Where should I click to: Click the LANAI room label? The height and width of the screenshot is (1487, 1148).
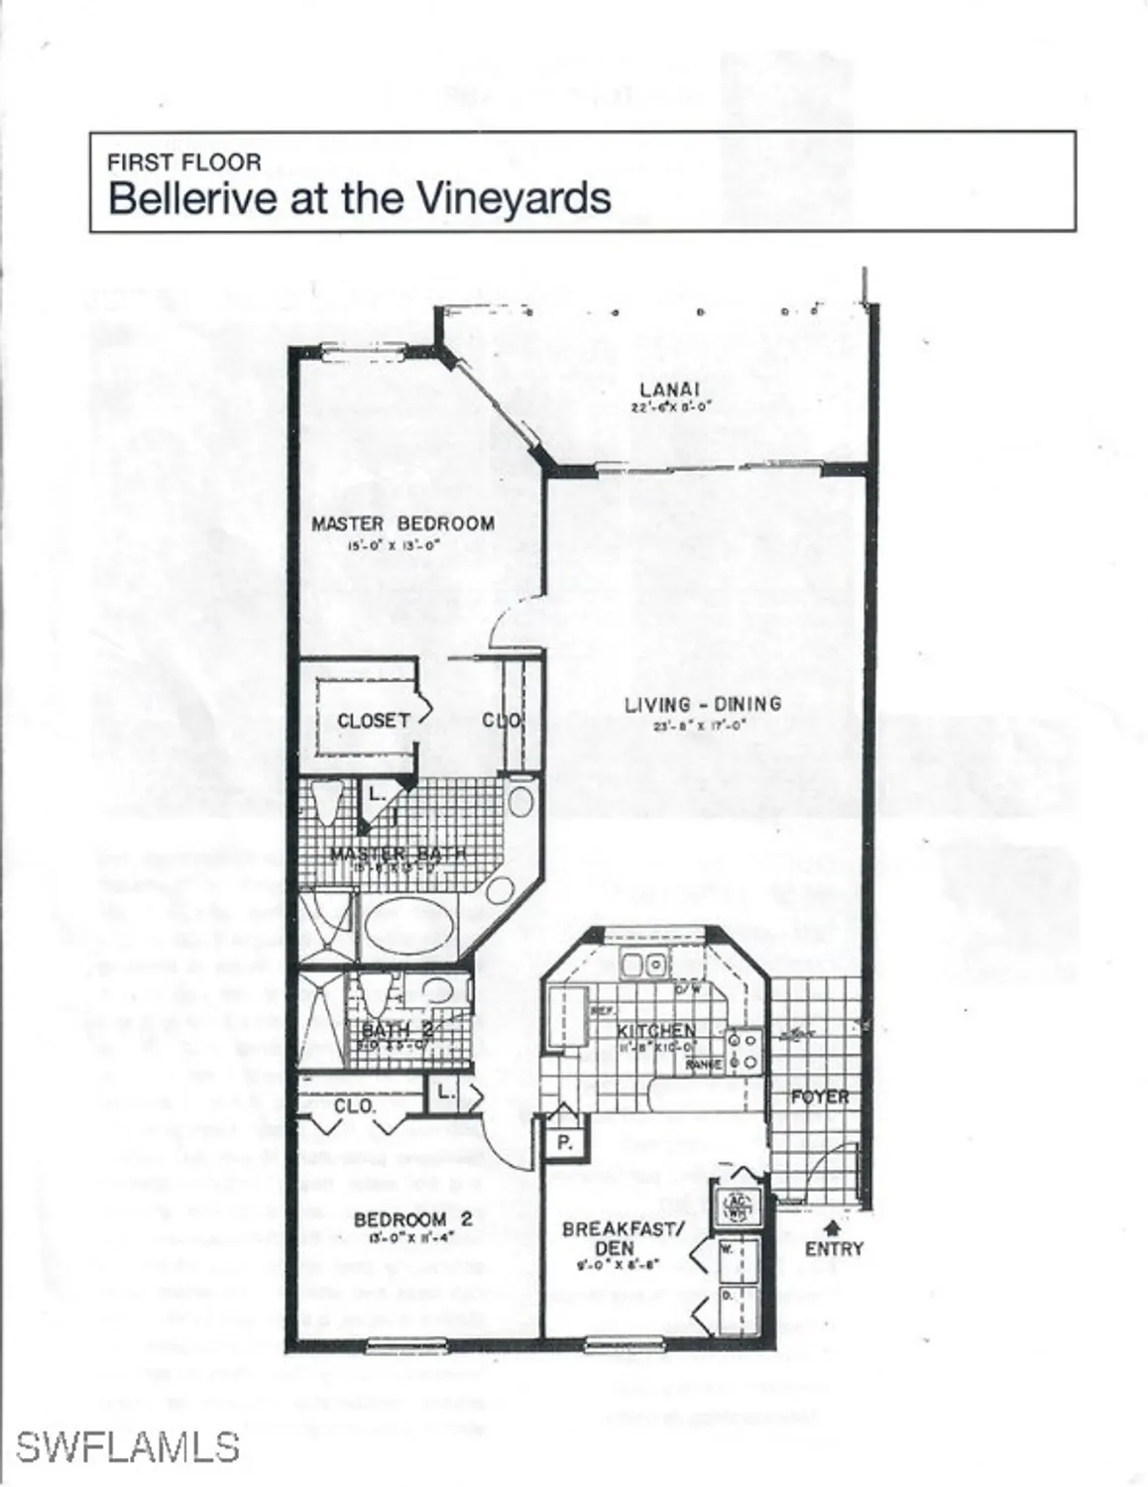(x=671, y=390)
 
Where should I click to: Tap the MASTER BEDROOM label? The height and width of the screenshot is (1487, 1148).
(x=402, y=523)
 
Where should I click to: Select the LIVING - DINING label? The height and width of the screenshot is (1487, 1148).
(x=702, y=705)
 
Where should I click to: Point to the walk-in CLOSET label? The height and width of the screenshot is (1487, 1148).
(x=373, y=721)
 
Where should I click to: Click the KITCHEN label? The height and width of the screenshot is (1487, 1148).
(x=655, y=1031)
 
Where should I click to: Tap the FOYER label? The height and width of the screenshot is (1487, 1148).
(x=820, y=1096)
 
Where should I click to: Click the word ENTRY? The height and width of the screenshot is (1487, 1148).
(x=834, y=1250)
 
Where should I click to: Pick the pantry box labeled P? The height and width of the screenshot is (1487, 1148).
(x=564, y=1142)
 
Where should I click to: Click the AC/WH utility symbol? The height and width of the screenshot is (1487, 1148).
(x=738, y=1206)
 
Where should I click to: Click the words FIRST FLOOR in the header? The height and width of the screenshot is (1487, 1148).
(x=184, y=162)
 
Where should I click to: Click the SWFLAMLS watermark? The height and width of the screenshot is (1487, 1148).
(x=127, y=1446)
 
